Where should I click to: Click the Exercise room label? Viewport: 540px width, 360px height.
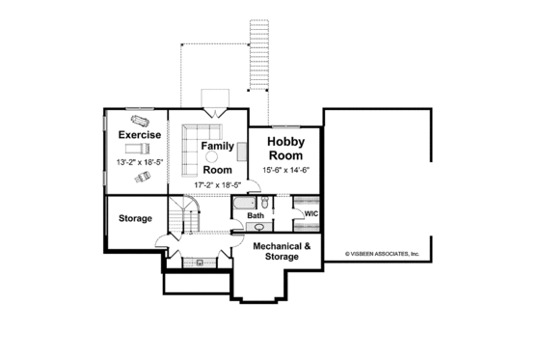[138, 134]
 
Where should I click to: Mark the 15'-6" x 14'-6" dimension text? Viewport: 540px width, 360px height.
[284, 171]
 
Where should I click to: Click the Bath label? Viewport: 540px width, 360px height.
[255, 215]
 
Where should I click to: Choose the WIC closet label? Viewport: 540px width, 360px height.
[311, 213]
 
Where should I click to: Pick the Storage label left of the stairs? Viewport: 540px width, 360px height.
[135, 218]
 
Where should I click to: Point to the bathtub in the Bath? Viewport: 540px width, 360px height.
[245, 204]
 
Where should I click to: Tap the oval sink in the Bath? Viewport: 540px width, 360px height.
[259, 227]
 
